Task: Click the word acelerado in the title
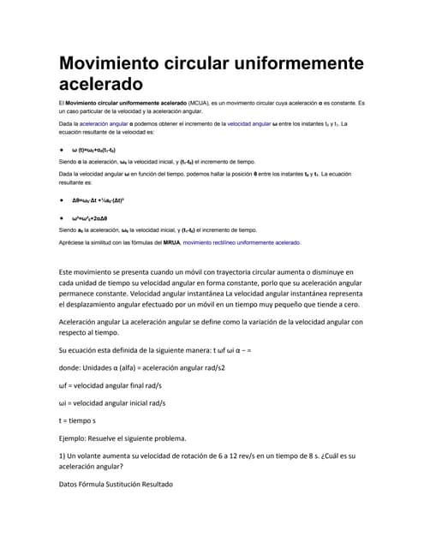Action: pyautogui.click(x=99, y=84)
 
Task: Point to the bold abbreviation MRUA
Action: pyautogui.click(x=167, y=242)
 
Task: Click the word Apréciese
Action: pyautogui.click(x=74, y=242)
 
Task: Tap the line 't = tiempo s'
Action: pyautogui.click(x=77, y=421)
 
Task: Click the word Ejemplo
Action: pyautogui.click(x=75, y=438)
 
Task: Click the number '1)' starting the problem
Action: pyautogui.click(x=63, y=456)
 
